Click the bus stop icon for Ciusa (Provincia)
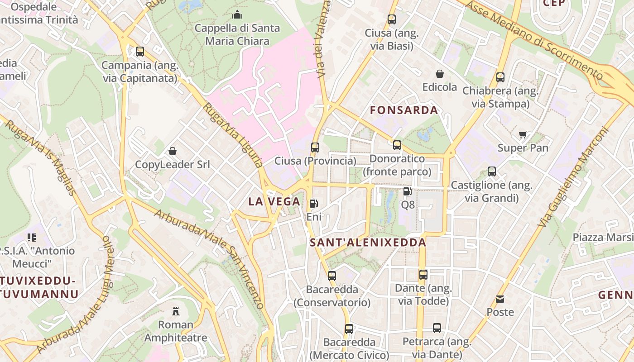(315, 147)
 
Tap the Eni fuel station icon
(314, 204)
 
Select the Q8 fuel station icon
(408, 191)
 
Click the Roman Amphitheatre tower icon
(176, 311)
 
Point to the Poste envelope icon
(500, 299)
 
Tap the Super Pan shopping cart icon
(523, 134)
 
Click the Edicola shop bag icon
(439, 73)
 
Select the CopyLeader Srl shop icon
(172, 151)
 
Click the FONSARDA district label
(404, 110)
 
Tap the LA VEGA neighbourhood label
(274, 202)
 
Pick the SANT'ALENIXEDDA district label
(368, 243)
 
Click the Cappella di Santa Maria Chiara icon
(237, 15)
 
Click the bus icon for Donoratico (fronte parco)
(397, 145)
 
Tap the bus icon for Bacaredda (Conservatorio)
(332, 276)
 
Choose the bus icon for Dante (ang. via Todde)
(423, 274)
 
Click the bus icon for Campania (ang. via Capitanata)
(140, 52)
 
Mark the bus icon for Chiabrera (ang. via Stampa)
(500, 77)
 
